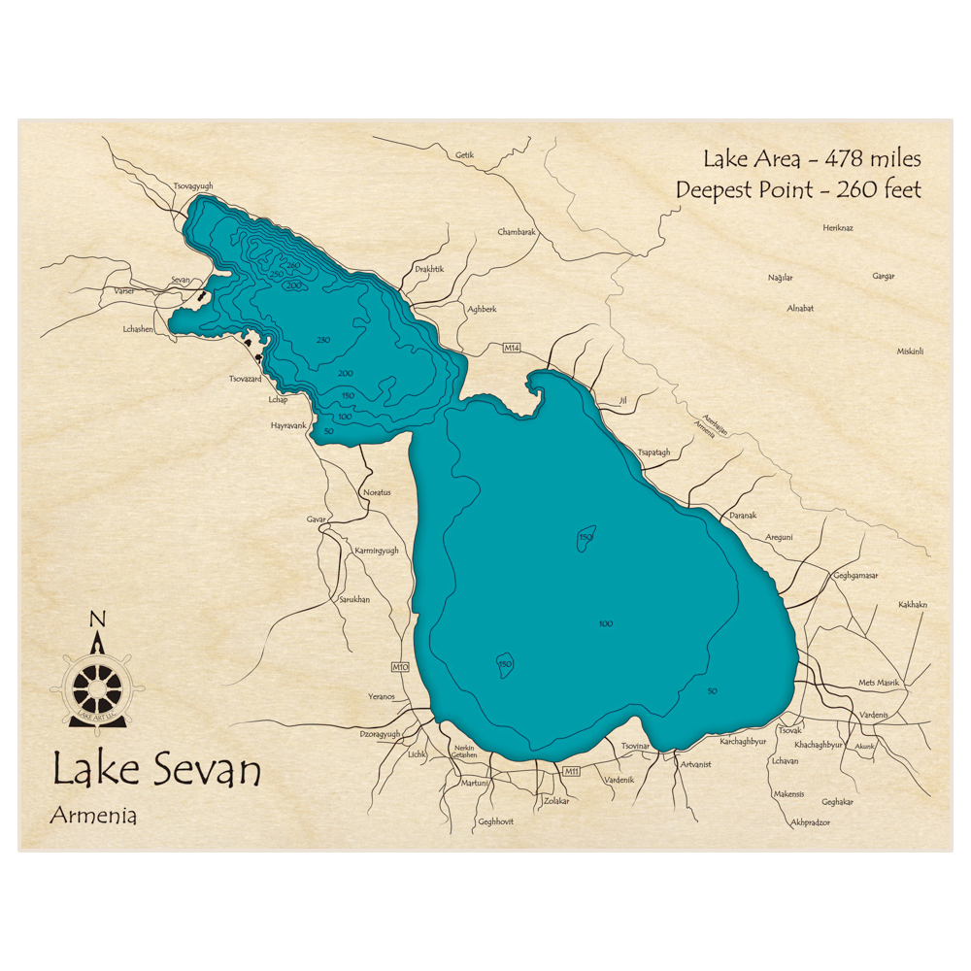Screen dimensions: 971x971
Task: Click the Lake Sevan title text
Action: click(x=156, y=771)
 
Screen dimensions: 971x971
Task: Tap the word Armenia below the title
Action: click(x=93, y=816)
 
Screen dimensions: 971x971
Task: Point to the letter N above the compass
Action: click(x=97, y=620)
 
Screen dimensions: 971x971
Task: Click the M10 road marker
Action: click(x=400, y=667)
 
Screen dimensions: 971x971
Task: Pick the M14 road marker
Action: click(x=513, y=348)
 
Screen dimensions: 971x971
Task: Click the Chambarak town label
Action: click(x=517, y=232)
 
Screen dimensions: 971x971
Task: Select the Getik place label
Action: click(x=465, y=155)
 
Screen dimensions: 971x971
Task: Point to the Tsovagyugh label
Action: click(x=192, y=185)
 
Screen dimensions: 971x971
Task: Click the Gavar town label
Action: click(x=317, y=519)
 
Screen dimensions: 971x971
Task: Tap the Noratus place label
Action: click(x=377, y=492)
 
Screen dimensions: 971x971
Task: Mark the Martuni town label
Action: click(x=475, y=783)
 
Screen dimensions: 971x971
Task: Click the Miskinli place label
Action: click(x=910, y=352)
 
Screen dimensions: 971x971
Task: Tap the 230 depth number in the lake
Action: click(x=323, y=339)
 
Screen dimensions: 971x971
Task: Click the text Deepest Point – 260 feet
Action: click(x=798, y=190)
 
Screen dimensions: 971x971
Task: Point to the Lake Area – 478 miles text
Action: click(x=812, y=159)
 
